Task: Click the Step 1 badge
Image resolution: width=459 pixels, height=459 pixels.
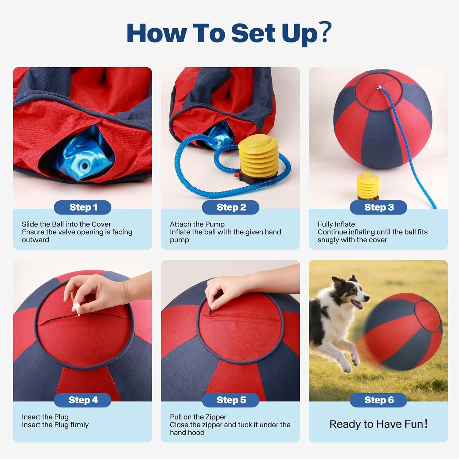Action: [83, 207]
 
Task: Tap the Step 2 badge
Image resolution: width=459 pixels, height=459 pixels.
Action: [231, 207]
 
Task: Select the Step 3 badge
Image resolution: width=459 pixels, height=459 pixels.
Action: [378, 207]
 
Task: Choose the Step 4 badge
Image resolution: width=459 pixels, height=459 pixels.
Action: [83, 400]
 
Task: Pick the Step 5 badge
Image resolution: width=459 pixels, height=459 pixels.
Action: [231, 400]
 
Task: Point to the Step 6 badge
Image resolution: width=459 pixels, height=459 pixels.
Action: [378, 400]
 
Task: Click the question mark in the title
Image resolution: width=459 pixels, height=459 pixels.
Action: [325, 32]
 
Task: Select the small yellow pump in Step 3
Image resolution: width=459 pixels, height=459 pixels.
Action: [368, 186]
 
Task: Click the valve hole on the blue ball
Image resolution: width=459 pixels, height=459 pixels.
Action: [85, 165]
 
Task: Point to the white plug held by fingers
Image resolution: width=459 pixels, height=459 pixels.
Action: [76, 309]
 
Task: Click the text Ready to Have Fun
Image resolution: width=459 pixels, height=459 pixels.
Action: [378, 424]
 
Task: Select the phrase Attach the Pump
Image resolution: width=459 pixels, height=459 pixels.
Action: [197, 224]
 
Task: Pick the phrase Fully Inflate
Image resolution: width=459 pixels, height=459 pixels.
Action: [336, 224]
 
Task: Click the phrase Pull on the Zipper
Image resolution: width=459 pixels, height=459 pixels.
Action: [198, 417]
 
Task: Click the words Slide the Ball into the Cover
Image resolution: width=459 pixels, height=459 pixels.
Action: [66, 224]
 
